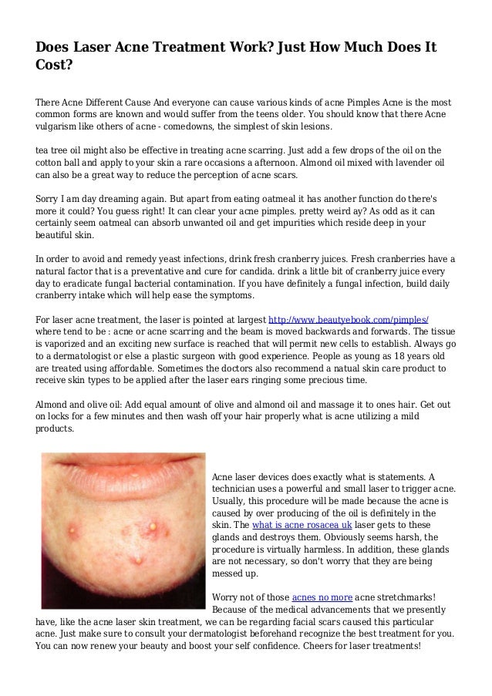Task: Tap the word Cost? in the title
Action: coord(54,66)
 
